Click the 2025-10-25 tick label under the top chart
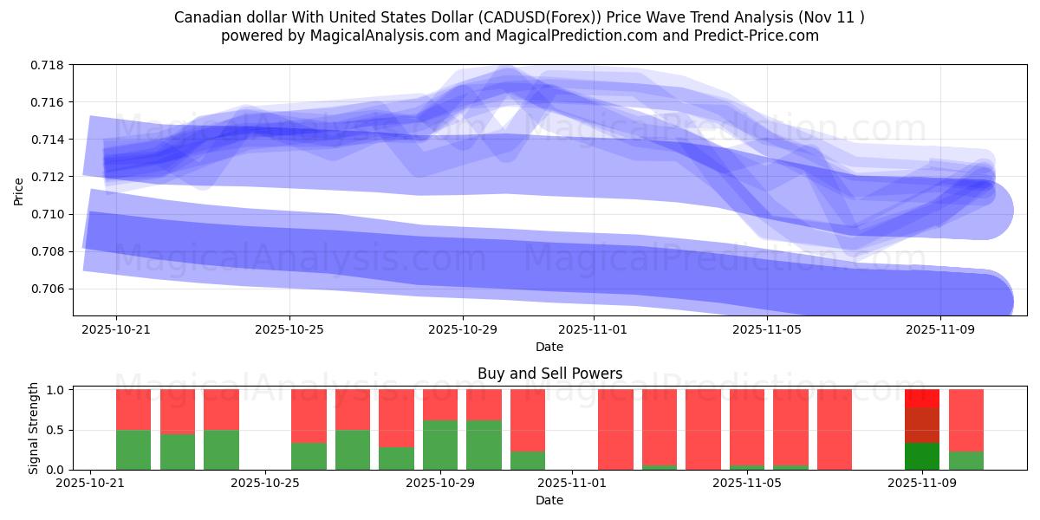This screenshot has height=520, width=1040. [x=289, y=329]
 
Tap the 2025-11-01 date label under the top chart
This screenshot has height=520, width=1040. [x=593, y=329]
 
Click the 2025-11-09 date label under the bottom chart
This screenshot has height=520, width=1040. [x=921, y=484]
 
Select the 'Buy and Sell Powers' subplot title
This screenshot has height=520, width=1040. [x=549, y=374]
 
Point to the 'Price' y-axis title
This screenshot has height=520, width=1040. [x=19, y=191]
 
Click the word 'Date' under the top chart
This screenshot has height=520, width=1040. [x=549, y=347]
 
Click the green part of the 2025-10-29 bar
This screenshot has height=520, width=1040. [x=440, y=445]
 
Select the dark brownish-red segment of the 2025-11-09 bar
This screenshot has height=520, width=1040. [x=921, y=425]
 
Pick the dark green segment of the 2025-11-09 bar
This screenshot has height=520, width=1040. [x=921, y=456]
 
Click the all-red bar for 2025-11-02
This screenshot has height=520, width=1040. [x=615, y=429]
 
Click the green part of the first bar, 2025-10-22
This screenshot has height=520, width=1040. [x=133, y=450]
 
